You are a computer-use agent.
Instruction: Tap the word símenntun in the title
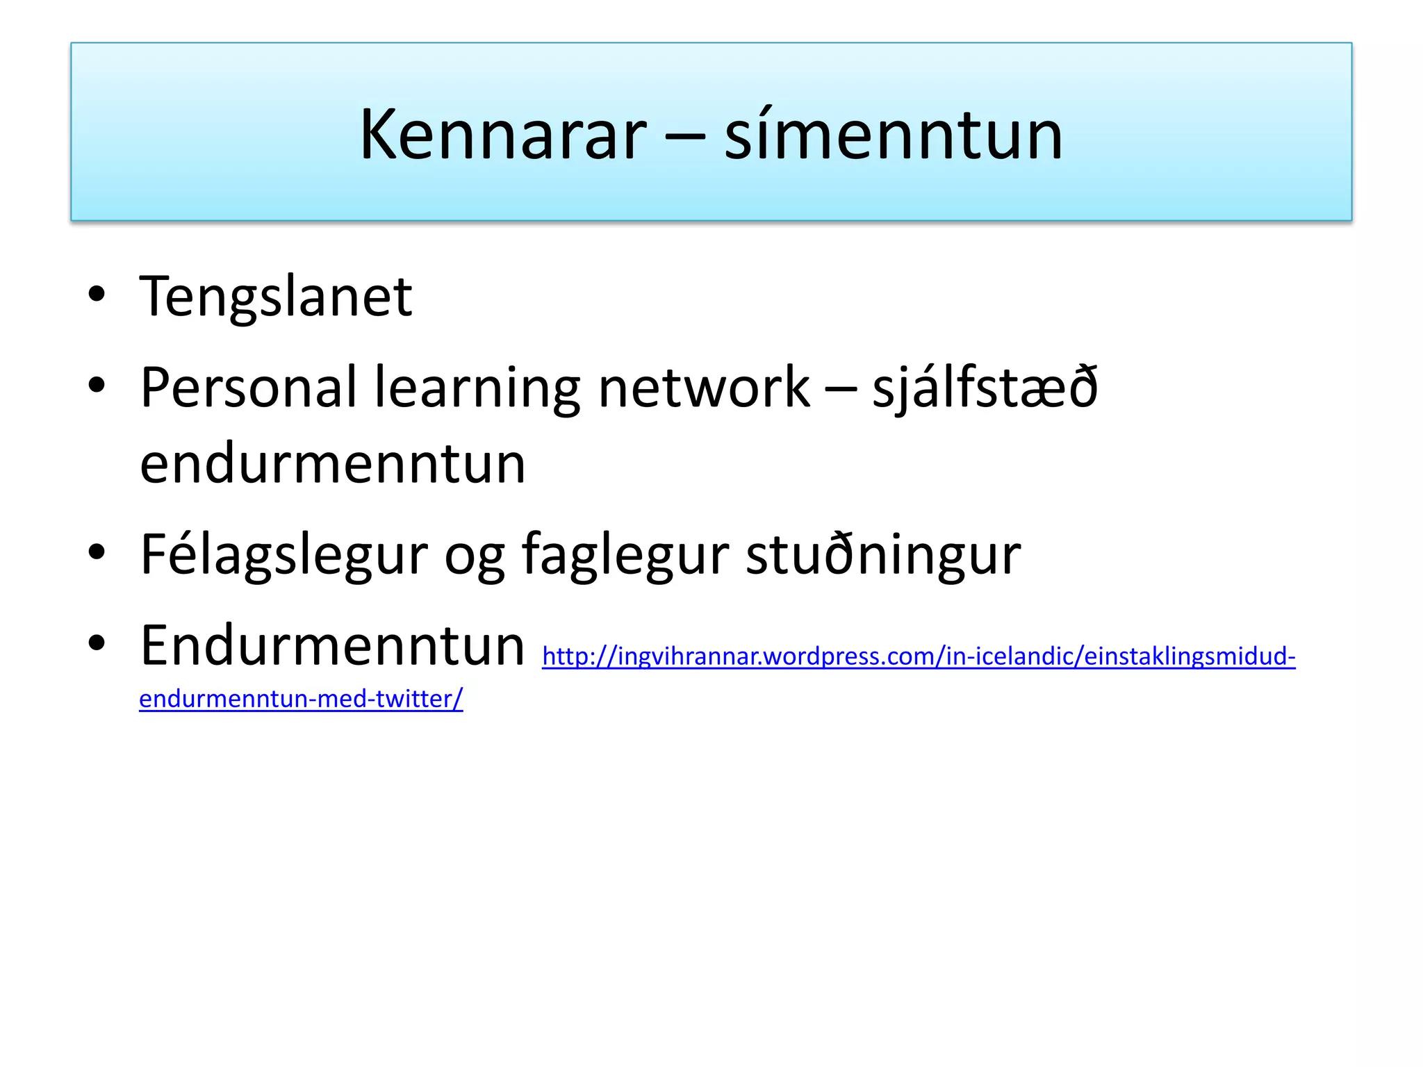tap(894, 135)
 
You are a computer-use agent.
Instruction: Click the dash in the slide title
tap(685, 136)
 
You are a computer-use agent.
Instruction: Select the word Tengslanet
tap(276, 297)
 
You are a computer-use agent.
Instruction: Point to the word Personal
tap(248, 388)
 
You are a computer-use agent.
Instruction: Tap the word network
tap(704, 388)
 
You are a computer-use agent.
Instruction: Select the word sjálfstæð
tap(985, 388)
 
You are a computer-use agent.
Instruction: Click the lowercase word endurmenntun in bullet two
tap(332, 464)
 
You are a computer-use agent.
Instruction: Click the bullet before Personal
tap(97, 384)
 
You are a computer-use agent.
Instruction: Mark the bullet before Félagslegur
tap(97, 552)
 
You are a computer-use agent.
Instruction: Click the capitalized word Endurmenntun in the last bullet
tap(332, 646)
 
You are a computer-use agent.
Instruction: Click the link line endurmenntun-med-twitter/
tap(301, 699)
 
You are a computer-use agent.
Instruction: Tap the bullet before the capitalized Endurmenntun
tap(97, 643)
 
